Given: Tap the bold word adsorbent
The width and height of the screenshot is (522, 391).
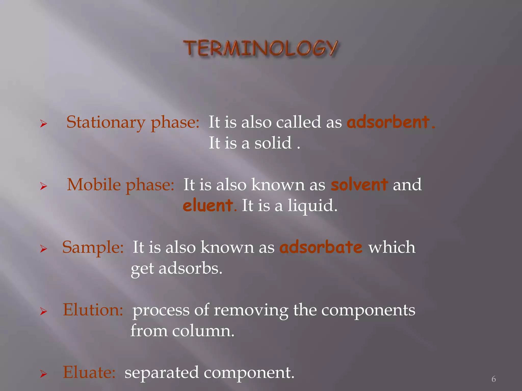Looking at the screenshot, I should tap(388, 122).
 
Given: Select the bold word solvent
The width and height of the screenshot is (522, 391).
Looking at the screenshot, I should tap(359, 185).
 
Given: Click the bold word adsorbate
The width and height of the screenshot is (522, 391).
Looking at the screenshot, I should tap(321, 247).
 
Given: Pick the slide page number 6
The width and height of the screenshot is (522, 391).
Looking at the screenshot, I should tap(493, 379).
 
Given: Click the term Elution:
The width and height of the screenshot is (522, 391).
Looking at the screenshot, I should tap(93, 310).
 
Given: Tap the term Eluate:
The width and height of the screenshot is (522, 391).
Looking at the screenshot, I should tap(89, 372).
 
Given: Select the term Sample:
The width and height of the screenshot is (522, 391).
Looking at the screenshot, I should tap(93, 247).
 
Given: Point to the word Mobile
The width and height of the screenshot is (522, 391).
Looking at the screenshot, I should tap(94, 185).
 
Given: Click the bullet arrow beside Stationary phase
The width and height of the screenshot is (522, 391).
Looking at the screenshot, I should tap(44, 124).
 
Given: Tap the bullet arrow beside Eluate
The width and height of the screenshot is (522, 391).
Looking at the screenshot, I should tap(44, 374).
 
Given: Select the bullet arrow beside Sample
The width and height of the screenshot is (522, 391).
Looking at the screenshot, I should tap(44, 249).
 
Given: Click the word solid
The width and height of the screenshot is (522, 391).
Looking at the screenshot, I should tap(273, 143).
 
